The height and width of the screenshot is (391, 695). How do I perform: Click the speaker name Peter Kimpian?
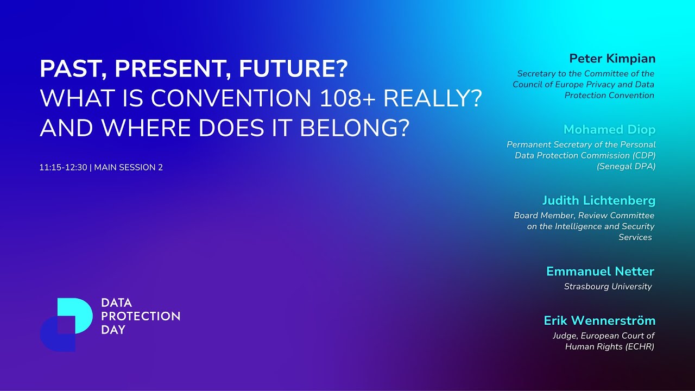coord(612,59)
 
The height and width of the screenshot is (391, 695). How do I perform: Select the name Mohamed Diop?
coord(609,130)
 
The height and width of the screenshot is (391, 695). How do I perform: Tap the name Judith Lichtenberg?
coord(598,201)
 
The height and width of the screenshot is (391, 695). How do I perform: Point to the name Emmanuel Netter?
coord(600,272)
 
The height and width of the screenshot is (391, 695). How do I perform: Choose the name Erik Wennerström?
coord(599,321)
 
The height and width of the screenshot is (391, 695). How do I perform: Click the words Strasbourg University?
coord(608,286)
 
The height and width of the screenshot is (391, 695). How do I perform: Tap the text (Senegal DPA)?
coord(626,166)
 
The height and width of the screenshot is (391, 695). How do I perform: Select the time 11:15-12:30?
coord(63,167)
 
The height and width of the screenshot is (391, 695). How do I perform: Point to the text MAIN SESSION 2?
coord(129,167)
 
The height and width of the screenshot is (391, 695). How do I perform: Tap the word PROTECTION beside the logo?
coord(141,316)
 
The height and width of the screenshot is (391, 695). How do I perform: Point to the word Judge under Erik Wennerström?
coord(564,336)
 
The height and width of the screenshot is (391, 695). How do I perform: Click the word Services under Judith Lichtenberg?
coord(635,237)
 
